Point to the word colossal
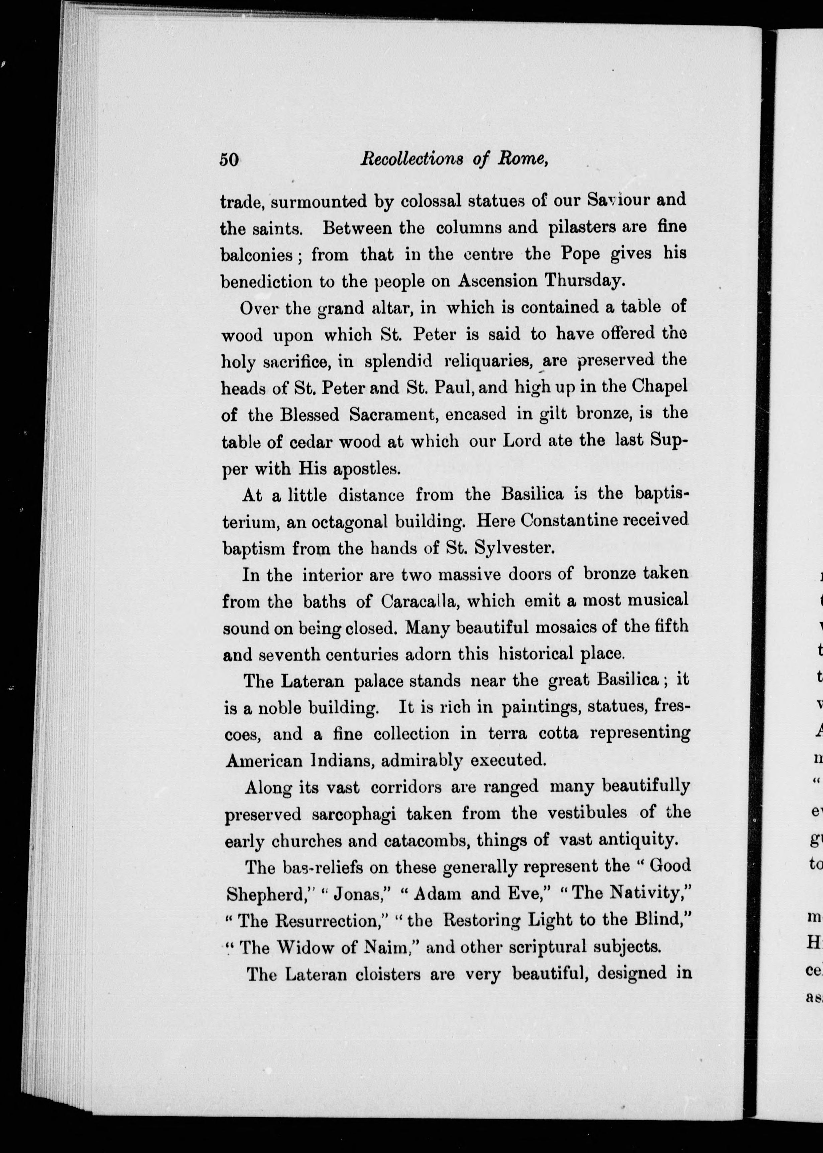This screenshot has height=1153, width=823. (x=431, y=201)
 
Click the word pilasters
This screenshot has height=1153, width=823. (x=582, y=227)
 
